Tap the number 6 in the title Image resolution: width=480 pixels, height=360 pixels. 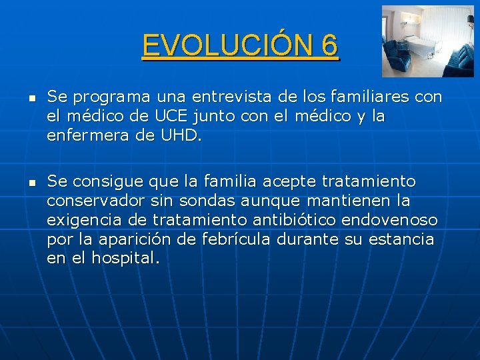pos(329,45)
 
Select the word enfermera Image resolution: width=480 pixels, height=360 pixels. pos(87,136)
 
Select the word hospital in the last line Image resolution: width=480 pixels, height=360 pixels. pos(126,259)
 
